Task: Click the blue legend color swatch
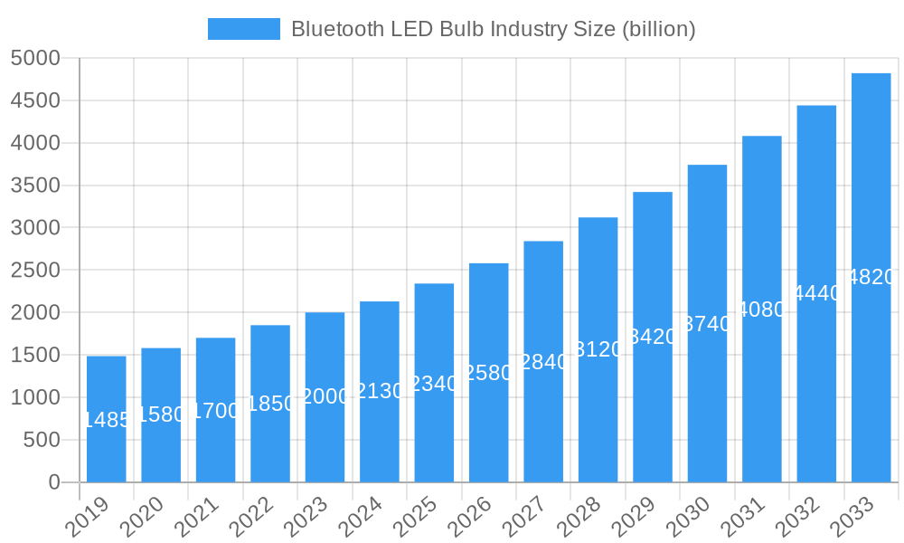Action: tap(244, 29)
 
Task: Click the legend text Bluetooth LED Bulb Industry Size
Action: tap(493, 29)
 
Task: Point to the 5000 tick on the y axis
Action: tap(35, 59)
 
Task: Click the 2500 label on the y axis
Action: tap(35, 271)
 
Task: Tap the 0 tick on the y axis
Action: tap(53, 482)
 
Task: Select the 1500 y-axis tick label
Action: tap(35, 356)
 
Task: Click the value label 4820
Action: tap(872, 278)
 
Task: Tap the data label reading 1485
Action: tap(108, 420)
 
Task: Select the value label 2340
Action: tap(434, 384)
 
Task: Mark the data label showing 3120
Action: tap(598, 349)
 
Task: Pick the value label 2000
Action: tap(325, 397)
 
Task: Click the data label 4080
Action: tap(762, 310)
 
